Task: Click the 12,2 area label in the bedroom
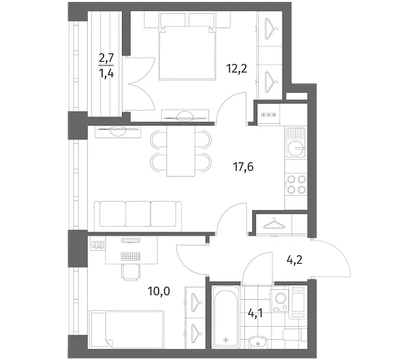237,69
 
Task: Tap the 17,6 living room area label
243,167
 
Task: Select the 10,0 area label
159,291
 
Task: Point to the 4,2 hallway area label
294,260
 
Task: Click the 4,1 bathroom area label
255,314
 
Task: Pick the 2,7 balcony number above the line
106,58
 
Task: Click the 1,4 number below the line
106,73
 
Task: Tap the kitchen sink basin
296,148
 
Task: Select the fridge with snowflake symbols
269,115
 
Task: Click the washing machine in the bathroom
279,300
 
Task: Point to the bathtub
226,317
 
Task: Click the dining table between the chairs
181,151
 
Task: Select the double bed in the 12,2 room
187,52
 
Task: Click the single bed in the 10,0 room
127,329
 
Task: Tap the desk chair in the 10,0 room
131,272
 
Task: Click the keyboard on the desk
130,257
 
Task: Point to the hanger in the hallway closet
274,224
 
